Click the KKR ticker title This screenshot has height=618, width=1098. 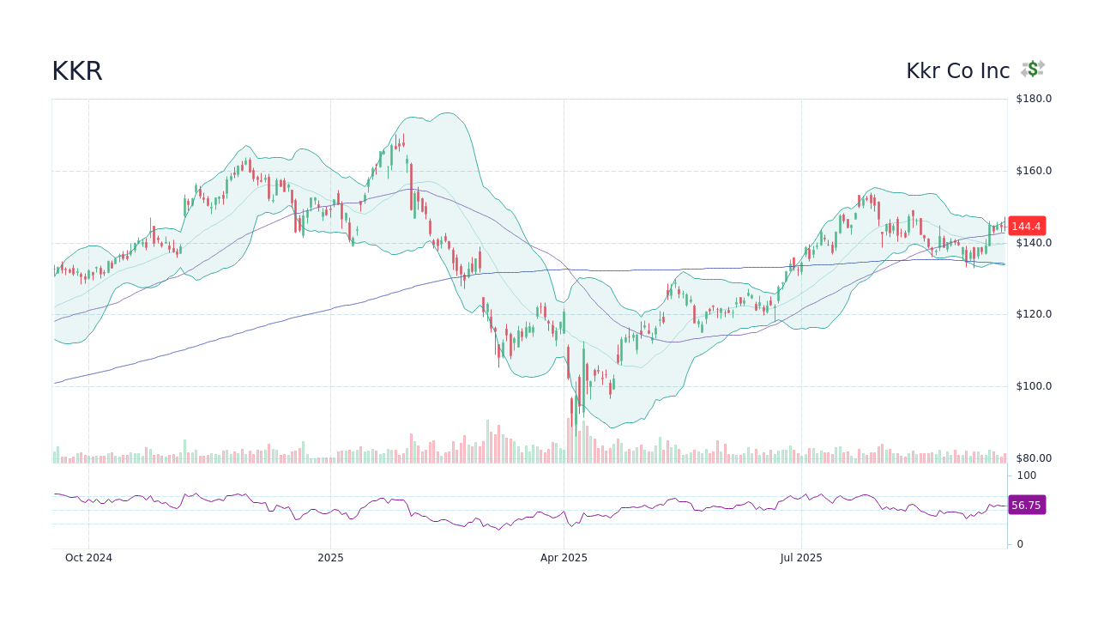tap(77, 71)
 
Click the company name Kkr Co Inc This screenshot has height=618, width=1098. tap(957, 71)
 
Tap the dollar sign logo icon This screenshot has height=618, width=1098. tap(1033, 70)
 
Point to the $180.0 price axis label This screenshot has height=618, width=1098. tap(1033, 99)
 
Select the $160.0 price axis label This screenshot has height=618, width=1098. tap(1033, 171)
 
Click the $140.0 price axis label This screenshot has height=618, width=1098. tap(1033, 243)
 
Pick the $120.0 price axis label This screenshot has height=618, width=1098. tap(1033, 314)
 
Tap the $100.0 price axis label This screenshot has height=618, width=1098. tap(1033, 386)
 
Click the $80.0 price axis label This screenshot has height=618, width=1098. tap(1033, 458)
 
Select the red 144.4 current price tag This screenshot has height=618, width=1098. tap(1026, 227)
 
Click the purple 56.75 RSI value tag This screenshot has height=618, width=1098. tap(1026, 506)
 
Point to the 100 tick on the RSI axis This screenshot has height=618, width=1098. tap(1027, 476)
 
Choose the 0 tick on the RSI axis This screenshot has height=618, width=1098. tap(1020, 544)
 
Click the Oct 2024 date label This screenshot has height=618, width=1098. tap(88, 558)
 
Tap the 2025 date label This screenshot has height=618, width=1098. tap(330, 558)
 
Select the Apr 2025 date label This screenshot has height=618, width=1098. tap(564, 558)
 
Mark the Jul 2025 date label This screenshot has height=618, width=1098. tap(801, 558)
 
